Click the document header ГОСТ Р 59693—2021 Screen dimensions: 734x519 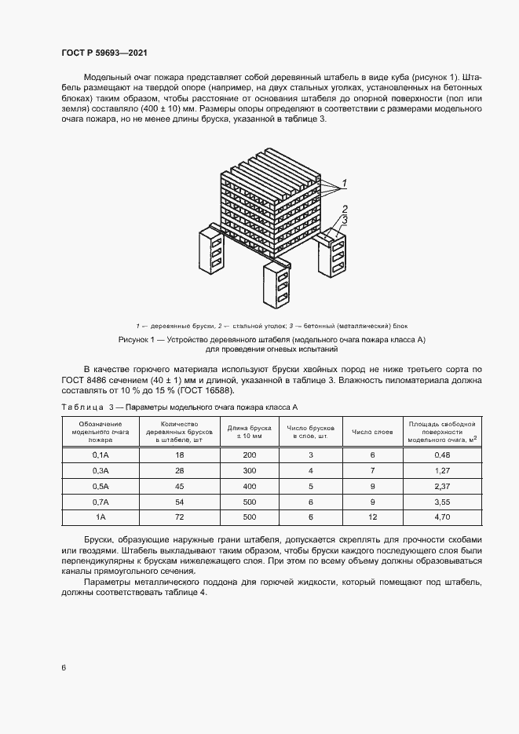(x=104, y=53)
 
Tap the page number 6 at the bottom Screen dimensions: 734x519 (x=64, y=667)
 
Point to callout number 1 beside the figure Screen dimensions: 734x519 (x=343, y=183)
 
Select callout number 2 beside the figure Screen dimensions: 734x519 (x=343, y=208)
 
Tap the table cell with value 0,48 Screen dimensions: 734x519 (x=440, y=455)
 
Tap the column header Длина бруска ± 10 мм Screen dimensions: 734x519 (x=249, y=431)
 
